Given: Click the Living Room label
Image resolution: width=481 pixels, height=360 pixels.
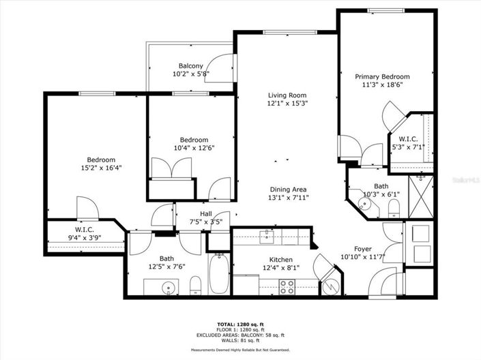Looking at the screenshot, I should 287,95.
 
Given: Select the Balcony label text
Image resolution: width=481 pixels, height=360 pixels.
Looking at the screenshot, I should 191,65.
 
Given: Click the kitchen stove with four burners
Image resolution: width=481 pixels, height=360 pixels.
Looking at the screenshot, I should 287,287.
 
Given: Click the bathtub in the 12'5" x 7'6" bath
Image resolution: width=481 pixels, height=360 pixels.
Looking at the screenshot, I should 219,273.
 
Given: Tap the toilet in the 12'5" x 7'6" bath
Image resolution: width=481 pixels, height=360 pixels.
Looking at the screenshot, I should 194,285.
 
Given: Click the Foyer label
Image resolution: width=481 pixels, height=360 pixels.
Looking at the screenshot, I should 362,249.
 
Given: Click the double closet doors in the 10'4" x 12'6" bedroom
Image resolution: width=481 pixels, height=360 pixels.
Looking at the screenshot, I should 172,168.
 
